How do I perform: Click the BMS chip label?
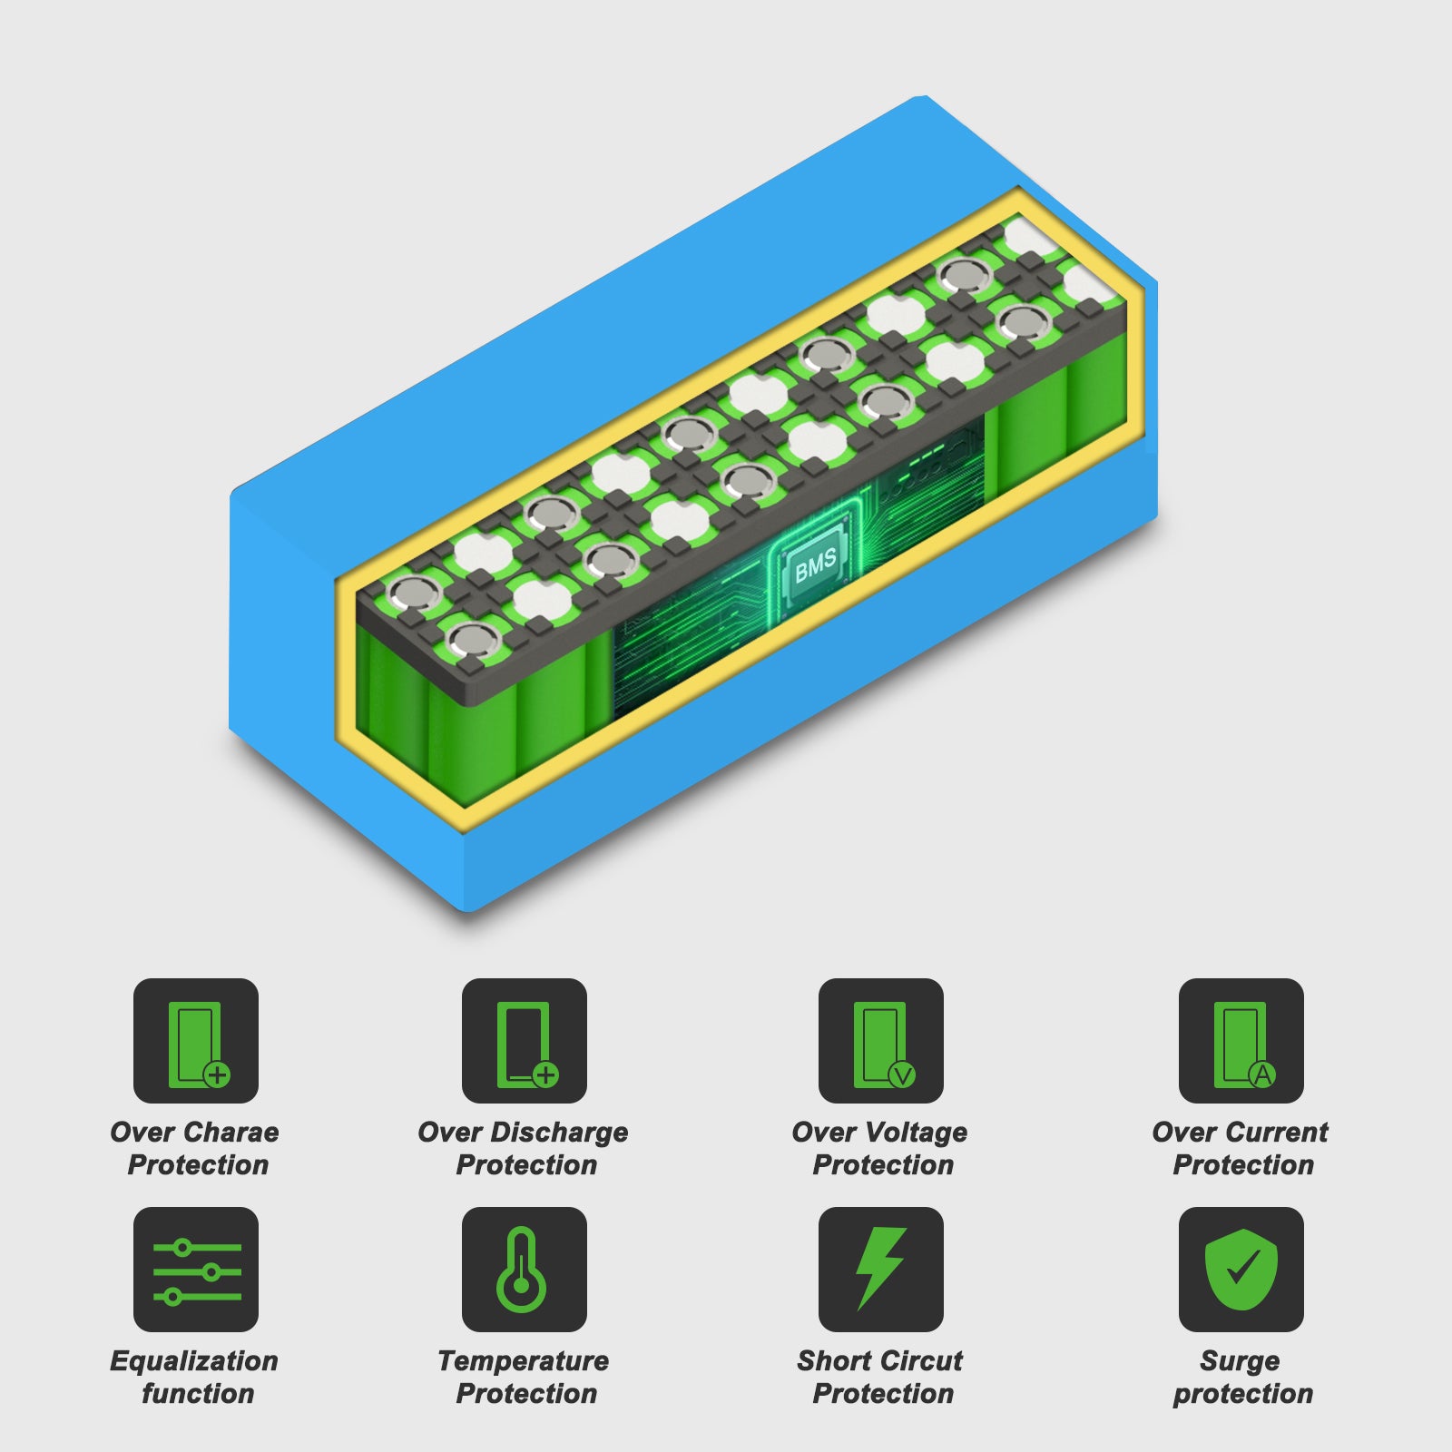pyautogui.click(x=816, y=565)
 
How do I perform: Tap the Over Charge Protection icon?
pyautogui.click(x=196, y=1041)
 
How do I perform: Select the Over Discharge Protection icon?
pyautogui.click(x=525, y=1041)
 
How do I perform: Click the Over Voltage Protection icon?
pyautogui.click(x=881, y=1041)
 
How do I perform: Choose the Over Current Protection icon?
pyautogui.click(x=1241, y=1041)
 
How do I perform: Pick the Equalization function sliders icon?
pyautogui.click(x=196, y=1270)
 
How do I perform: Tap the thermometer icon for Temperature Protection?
pyautogui.click(x=525, y=1270)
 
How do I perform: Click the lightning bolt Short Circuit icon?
pyautogui.click(x=881, y=1270)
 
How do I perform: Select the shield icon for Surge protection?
pyautogui.click(x=1241, y=1270)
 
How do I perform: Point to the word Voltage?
pyautogui.click(x=914, y=1133)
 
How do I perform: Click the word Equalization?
pyautogui.click(x=194, y=1362)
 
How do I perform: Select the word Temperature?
pyautogui.click(x=524, y=1362)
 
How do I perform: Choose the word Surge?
pyautogui.click(x=1240, y=1362)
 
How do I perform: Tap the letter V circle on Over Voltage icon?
pyautogui.click(x=902, y=1075)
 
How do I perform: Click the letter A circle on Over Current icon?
pyautogui.click(x=1262, y=1075)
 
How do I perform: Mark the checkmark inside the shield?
pyautogui.click(x=1242, y=1266)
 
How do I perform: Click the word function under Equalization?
pyautogui.click(x=198, y=1394)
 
